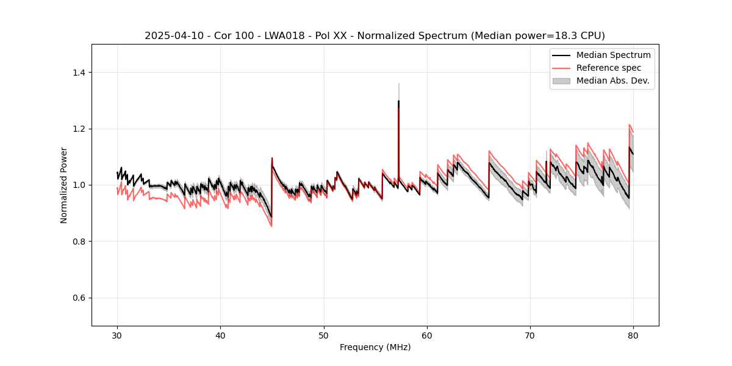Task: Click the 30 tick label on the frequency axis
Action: [x=118, y=335]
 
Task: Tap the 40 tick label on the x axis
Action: [x=221, y=335]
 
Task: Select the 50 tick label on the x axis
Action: [x=324, y=335]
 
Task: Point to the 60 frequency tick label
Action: [x=427, y=335]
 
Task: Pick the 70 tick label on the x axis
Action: [x=530, y=335]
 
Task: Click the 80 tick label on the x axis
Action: [x=633, y=335]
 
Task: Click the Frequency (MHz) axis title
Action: [x=375, y=347]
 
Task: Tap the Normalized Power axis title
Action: [x=64, y=185]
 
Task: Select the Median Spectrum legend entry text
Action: [x=613, y=55]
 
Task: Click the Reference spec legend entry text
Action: [x=609, y=68]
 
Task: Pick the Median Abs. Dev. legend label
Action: [x=612, y=81]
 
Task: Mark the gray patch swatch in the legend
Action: [x=561, y=81]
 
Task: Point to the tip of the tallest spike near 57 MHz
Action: [x=398, y=83]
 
